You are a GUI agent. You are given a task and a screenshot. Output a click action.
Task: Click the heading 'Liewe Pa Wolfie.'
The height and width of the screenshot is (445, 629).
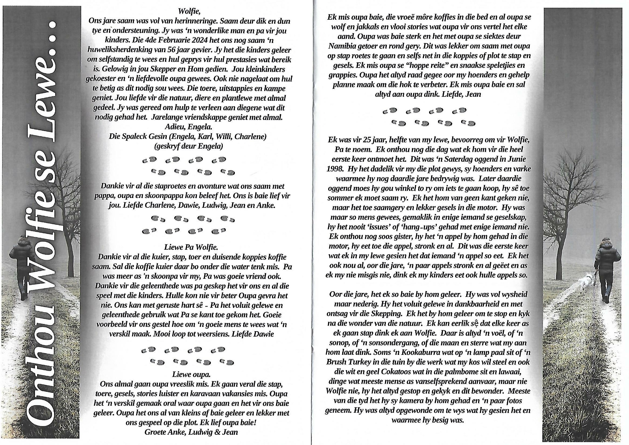[x=191, y=247]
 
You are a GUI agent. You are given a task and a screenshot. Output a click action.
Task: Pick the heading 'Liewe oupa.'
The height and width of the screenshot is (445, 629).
[x=191, y=374]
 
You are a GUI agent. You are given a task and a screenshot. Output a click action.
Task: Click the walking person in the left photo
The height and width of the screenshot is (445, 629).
[x=24, y=267]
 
